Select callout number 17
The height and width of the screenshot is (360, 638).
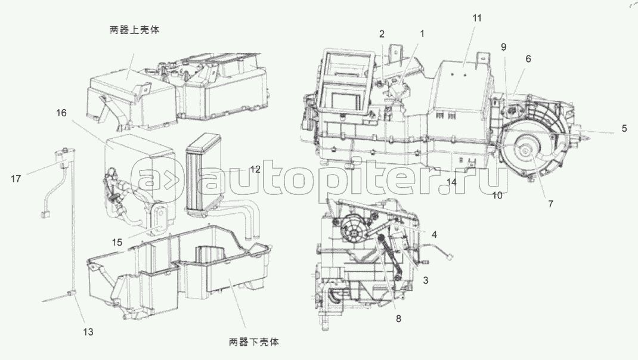(16, 178)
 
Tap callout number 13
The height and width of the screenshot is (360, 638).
(88, 331)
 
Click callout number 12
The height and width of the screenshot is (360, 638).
(255, 169)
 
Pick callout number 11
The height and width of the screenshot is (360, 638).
(476, 18)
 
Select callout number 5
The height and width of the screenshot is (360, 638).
(624, 128)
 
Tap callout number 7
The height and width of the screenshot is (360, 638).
(550, 204)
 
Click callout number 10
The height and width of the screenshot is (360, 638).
(497, 194)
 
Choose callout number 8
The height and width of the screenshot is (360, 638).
(398, 319)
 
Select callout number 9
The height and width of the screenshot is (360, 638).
(503, 46)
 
